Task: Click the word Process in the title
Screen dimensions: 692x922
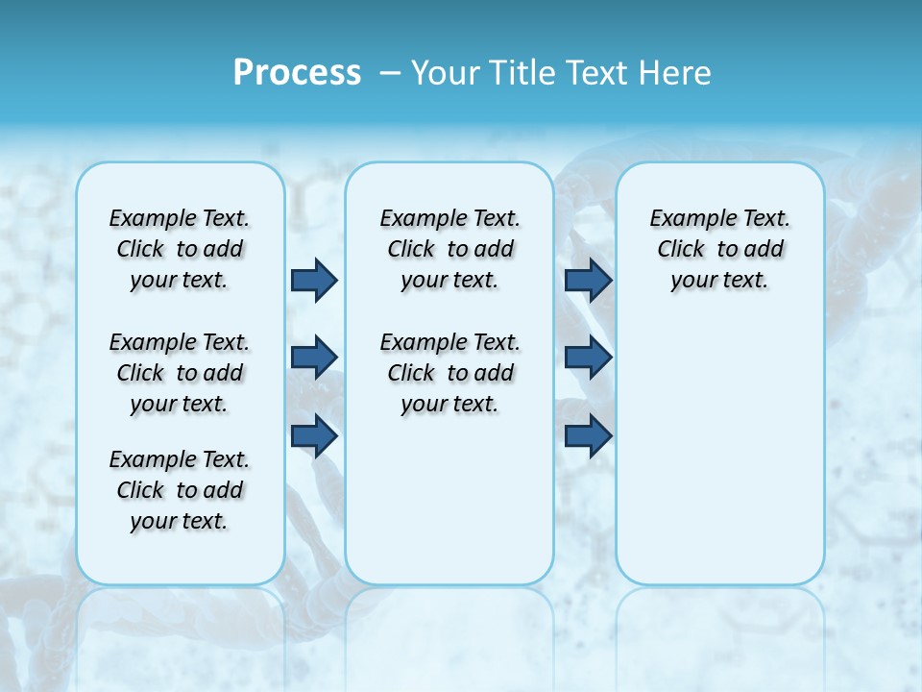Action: [297, 72]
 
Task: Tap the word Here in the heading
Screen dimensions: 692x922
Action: [677, 73]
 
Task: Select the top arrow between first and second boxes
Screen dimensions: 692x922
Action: [314, 280]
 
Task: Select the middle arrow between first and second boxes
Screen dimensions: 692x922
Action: [314, 358]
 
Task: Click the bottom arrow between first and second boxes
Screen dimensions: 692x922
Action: [314, 435]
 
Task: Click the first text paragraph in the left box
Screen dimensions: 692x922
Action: [180, 249]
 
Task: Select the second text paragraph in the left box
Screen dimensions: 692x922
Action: [180, 373]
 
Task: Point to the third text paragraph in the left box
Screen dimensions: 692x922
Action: [180, 490]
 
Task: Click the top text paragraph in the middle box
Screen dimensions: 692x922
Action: [449, 249]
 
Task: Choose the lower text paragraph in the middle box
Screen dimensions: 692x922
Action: [449, 373]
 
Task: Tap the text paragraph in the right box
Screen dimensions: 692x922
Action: [719, 249]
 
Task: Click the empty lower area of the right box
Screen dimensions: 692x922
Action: [719, 452]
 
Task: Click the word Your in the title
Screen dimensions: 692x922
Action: [441, 73]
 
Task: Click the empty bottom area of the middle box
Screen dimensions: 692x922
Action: [449, 509]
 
